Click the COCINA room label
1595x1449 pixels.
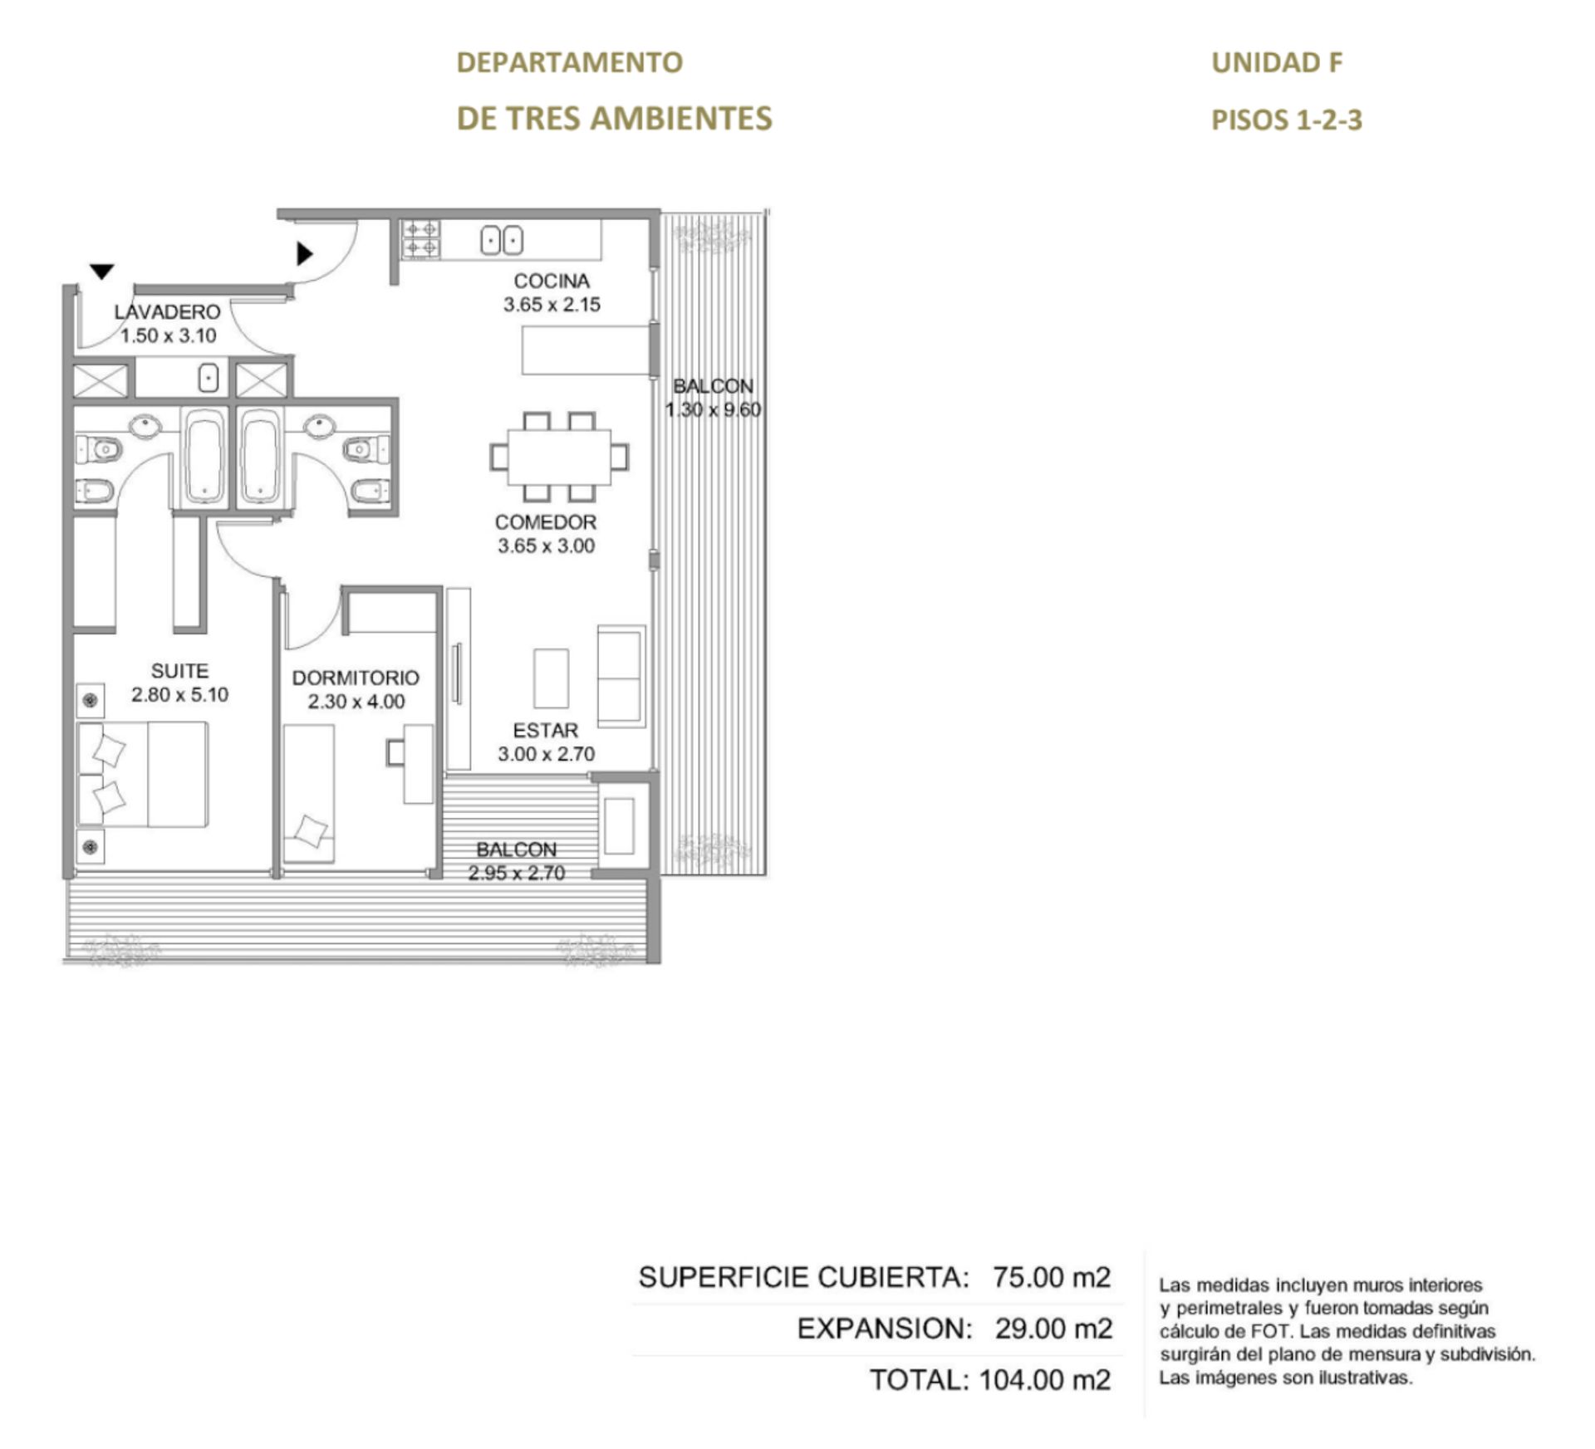click(552, 281)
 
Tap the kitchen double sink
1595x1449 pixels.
click(502, 241)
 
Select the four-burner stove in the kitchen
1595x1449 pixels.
click(421, 239)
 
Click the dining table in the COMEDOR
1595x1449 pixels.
click(559, 457)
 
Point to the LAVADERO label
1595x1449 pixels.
click(168, 312)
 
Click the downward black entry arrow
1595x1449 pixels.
click(101, 272)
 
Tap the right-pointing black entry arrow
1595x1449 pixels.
click(305, 253)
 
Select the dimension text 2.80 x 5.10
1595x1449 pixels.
click(179, 695)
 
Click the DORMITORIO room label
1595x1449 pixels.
click(356, 678)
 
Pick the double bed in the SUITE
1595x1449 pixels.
click(143, 774)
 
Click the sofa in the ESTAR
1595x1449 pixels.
click(621, 677)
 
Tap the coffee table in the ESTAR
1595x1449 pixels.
click(551, 678)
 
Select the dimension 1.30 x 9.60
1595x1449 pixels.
click(714, 410)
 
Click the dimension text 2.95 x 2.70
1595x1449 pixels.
click(517, 874)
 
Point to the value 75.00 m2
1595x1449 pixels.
click(1052, 1277)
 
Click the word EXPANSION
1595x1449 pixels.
click(884, 1329)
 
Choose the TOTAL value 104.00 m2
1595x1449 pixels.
click(1045, 1380)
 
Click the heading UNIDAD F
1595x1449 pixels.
click(1277, 62)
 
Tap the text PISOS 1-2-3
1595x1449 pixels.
click(1287, 120)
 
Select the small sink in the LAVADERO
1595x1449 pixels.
click(209, 379)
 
